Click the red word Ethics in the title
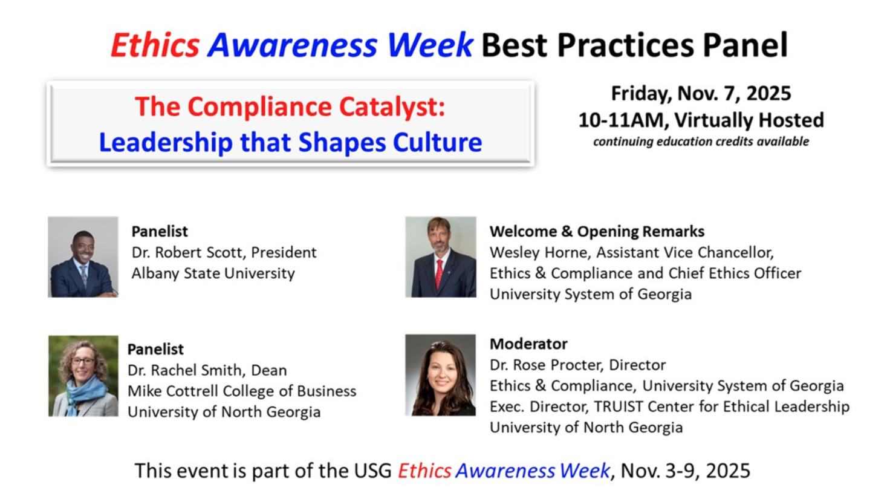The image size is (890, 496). point(155,45)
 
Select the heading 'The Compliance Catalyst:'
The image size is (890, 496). point(290,107)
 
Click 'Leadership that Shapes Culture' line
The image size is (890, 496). point(290,143)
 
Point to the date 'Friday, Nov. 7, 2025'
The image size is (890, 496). point(701,93)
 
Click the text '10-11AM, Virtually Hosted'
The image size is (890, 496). point(701,120)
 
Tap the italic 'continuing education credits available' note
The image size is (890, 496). point(701,142)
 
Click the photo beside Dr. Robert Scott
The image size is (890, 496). point(83,257)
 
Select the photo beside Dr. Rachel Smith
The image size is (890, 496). point(83,376)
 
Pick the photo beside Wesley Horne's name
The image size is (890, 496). point(440,257)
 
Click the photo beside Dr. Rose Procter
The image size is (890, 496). point(440,375)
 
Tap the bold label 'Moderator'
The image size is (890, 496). point(528,344)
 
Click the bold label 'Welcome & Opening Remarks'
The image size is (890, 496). point(597,232)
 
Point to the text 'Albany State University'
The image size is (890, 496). point(213,273)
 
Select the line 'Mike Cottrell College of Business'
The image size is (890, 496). point(242,391)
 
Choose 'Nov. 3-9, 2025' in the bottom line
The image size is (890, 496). point(685,471)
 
